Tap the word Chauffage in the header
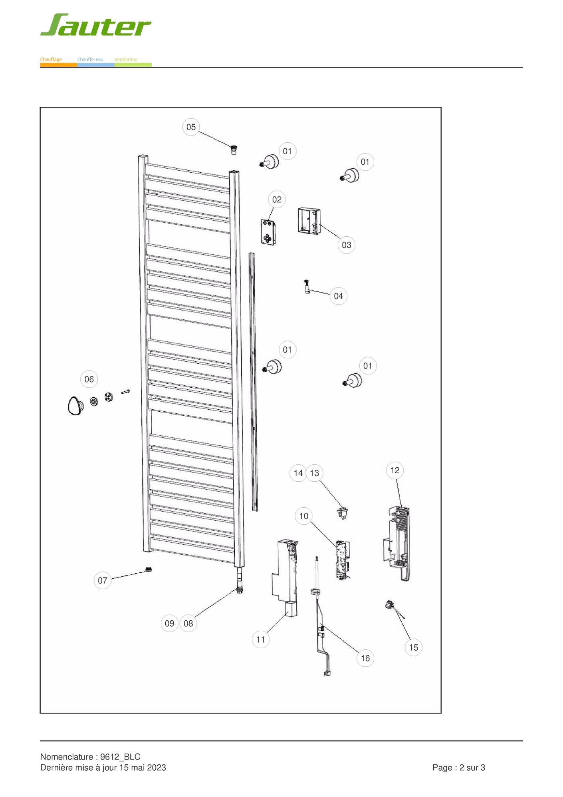(x=51, y=60)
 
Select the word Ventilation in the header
(x=126, y=60)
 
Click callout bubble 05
(x=191, y=127)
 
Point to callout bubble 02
(x=277, y=199)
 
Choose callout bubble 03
(x=347, y=245)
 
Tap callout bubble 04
(x=339, y=296)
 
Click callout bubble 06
(x=89, y=379)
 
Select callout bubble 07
(x=103, y=580)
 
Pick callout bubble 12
(x=395, y=470)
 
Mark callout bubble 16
(x=365, y=658)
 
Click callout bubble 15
(x=414, y=648)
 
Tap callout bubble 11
(x=261, y=640)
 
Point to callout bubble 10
(x=304, y=516)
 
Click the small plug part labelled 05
(x=234, y=150)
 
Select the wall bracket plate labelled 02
(x=269, y=232)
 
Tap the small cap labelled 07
(x=149, y=569)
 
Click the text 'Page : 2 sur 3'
(x=459, y=767)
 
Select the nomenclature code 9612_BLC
(x=120, y=757)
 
